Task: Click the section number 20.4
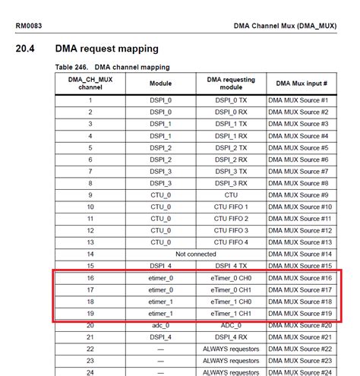27,49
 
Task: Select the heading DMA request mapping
107,49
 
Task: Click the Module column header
160,84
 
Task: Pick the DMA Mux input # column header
302,84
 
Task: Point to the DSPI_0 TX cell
231,100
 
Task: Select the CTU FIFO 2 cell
231,218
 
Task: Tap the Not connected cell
195,254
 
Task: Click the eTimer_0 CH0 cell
231,278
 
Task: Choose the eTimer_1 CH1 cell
231,313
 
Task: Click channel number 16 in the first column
90,278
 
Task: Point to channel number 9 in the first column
90,194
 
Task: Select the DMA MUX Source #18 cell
300,302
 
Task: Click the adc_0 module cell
160,325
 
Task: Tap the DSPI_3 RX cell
231,183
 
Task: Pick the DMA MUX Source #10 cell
300,207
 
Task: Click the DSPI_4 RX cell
231,337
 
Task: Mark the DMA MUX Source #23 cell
300,361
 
